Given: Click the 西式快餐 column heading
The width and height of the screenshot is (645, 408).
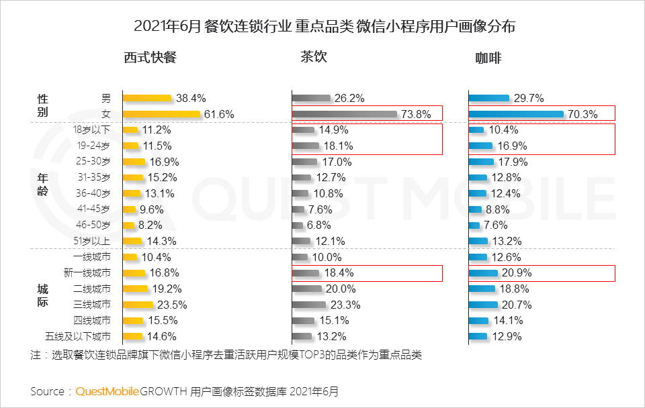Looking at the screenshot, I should coord(150,58).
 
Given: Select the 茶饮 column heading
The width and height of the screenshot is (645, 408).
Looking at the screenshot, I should coord(313,57).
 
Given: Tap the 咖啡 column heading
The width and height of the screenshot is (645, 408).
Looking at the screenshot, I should coord(488,58).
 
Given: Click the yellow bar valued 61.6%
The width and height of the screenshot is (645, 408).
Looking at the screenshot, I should coord(161,114).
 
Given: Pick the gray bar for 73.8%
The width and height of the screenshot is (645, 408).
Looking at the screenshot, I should coord(345,114).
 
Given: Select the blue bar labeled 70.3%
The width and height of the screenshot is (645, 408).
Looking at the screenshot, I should coord(516,114).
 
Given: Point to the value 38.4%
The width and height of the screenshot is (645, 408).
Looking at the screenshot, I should coord(191,98).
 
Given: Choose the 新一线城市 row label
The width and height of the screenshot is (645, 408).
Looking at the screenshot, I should coord(87,273).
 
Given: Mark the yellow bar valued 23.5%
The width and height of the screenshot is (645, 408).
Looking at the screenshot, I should coord(138,305).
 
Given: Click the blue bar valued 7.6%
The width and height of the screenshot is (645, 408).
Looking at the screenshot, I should coord(474,225).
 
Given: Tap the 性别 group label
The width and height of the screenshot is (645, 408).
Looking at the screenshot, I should coord(42,106).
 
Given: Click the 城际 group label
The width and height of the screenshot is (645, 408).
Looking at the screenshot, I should coord(42,296).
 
